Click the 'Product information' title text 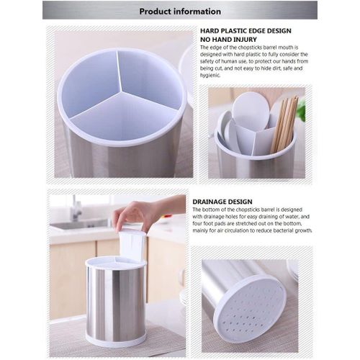(x=180, y=12)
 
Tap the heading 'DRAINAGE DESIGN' (x=222, y=202)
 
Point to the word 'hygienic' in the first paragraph (x=210, y=76)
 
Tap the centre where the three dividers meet (x=122, y=91)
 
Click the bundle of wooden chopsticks (x=284, y=124)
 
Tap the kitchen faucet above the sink (x=76, y=209)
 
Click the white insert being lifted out (x=132, y=243)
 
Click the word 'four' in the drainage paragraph (x=197, y=223)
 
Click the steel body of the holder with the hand (x=116, y=302)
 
